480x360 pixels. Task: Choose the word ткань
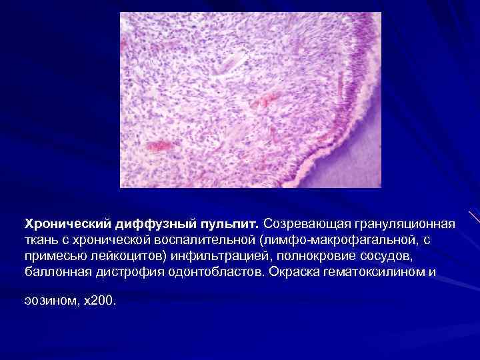[41, 238]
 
